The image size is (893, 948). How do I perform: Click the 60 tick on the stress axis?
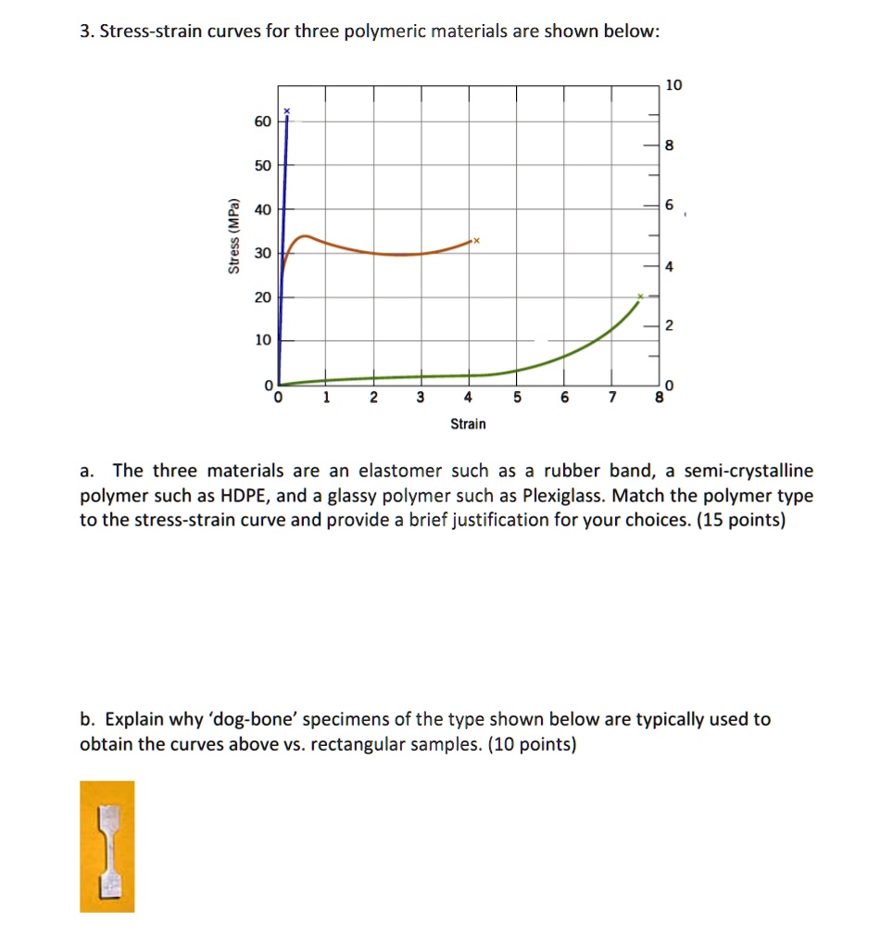point(263,121)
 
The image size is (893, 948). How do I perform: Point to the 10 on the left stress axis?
point(263,340)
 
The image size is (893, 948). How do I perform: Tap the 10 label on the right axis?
point(673,85)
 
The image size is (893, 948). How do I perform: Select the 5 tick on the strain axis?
point(515,398)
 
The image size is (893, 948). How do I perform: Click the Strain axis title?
point(468,423)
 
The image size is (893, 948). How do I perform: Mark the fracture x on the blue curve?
point(287,111)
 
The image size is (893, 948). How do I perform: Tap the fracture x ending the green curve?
point(639,298)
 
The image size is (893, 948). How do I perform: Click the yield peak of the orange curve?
point(306,235)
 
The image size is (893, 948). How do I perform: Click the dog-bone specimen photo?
point(107,846)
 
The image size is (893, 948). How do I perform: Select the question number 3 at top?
point(86,32)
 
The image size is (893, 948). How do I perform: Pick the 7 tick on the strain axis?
point(610,398)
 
